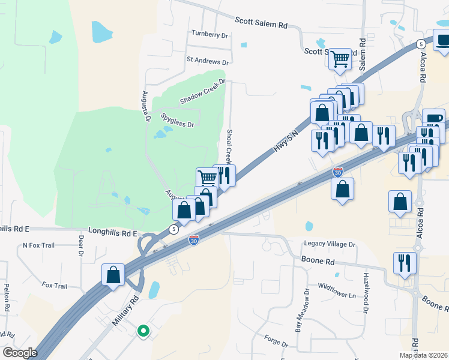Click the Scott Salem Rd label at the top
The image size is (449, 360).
coord(261,23)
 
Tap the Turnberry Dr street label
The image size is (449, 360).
coord(209,35)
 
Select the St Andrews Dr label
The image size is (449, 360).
coord(208,61)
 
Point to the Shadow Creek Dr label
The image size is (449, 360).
coord(202,91)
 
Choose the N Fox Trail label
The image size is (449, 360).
coord(38,245)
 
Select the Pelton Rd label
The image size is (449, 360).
coord(7,297)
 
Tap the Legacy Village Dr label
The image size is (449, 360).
coord(330,244)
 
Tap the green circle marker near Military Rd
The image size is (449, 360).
coord(143,330)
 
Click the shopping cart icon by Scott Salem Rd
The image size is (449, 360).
coord(341,59)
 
